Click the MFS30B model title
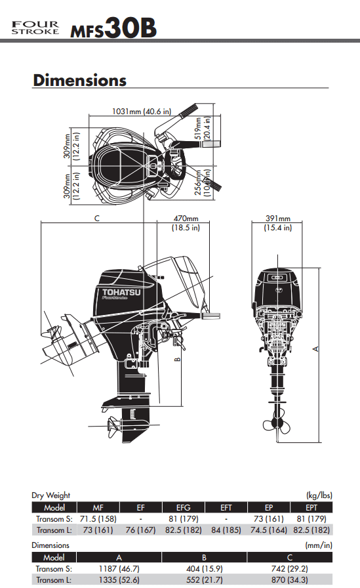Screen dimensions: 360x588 pos(113,28)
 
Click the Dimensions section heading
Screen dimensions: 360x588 pos(79,80)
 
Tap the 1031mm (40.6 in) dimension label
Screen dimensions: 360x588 pos(142,112)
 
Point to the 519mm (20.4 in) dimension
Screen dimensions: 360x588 pos(202,128)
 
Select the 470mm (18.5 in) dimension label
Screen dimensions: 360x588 pos(186,222)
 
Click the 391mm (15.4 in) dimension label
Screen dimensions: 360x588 pos(278,222)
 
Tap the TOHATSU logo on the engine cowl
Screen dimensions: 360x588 pos(121,293)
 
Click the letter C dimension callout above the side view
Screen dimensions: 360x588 pos(96,219)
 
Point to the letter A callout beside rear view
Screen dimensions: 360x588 pos(316,349)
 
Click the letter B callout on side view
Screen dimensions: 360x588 pos(178,359)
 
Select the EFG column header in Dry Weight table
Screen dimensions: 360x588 pos(183,507)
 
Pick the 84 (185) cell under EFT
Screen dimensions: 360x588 pos(226,530)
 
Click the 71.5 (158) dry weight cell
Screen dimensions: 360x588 pos(98,518)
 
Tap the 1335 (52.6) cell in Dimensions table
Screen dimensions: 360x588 pos(119,579)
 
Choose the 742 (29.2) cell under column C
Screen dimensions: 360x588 pos(290,568)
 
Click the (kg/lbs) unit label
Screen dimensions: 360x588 pos(319,495)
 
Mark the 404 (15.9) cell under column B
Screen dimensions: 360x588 pos(204,568)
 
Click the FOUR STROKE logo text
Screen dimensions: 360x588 pos(35,28)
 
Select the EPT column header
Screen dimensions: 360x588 pos(311,507)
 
